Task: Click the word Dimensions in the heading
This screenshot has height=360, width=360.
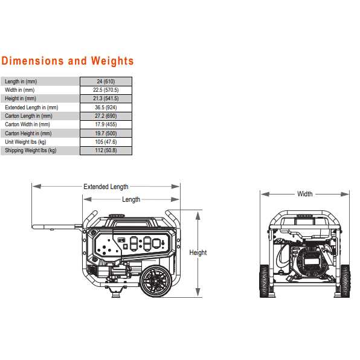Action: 33,61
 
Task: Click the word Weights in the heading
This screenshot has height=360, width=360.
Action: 112,61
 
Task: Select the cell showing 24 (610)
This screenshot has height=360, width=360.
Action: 106,82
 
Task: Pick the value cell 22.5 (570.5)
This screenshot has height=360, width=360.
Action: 106,90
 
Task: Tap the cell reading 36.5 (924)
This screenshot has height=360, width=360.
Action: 106,108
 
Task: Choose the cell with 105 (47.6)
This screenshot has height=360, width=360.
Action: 106,142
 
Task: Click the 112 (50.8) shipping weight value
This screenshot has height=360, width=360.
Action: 106,150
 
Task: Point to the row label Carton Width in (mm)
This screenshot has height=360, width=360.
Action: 27,124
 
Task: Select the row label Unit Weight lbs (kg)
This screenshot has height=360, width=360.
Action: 25,142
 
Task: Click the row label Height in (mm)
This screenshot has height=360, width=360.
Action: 21,98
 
